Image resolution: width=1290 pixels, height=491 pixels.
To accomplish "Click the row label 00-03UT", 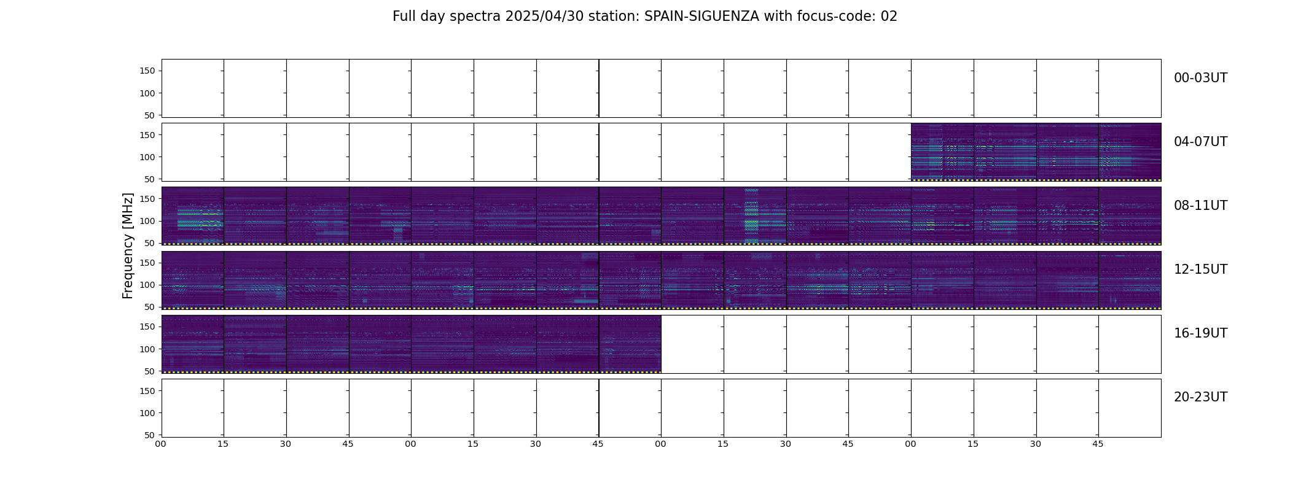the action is (1200, 78).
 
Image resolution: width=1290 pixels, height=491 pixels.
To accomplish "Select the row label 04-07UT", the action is (1200, 142).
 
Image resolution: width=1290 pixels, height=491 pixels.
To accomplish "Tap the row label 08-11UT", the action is (1200, 206).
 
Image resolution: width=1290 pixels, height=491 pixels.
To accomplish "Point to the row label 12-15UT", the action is (1200, 269).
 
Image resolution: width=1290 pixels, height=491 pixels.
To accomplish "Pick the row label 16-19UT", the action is (1200, 333).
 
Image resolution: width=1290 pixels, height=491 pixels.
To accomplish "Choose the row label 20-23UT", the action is (1200, 397).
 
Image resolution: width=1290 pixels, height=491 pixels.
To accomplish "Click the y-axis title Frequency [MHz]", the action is (128, 245).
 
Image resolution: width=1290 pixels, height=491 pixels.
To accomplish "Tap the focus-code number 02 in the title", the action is (889, 17).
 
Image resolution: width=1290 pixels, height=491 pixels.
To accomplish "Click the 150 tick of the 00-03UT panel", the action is (147, 71).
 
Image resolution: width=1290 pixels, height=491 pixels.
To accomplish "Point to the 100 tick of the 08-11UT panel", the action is (147, 221).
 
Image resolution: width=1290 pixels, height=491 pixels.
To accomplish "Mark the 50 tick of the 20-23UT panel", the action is (150, 435).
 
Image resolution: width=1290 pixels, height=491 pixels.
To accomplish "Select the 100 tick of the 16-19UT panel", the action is (147, 349).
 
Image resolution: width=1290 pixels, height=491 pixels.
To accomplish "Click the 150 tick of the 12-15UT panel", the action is (147, 263).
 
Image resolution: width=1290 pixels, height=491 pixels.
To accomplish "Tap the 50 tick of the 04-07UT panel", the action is (150, 179).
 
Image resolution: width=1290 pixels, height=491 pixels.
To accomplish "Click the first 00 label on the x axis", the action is (161, 444).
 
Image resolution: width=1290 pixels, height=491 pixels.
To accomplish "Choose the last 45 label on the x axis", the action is (1098, 444).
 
